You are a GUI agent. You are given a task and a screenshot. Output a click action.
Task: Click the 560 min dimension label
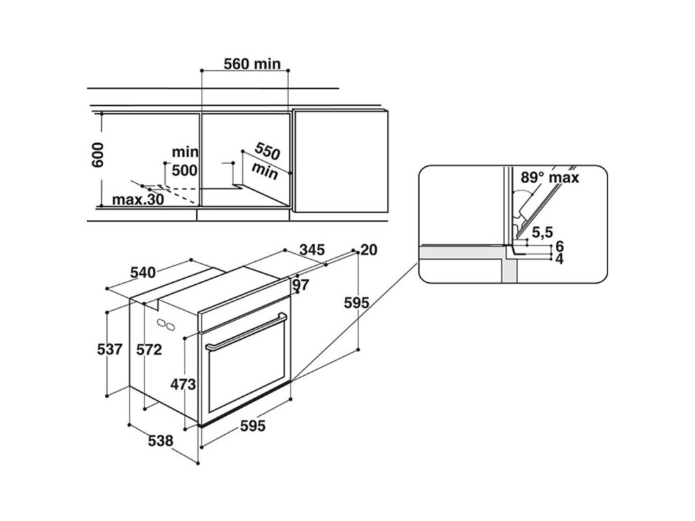(252, 64)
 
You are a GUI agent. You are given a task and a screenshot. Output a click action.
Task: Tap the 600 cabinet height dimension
(98, 155)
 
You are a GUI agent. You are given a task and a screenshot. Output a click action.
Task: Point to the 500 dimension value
(184, 170)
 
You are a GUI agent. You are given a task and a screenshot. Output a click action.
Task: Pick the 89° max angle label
(550, 178)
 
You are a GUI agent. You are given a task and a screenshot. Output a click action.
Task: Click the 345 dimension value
(312, 250)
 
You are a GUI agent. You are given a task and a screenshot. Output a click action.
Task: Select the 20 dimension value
(369, 250)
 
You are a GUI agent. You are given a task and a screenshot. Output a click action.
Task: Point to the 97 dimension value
(301, 284)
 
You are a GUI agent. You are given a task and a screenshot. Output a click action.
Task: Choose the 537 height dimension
(110, 350)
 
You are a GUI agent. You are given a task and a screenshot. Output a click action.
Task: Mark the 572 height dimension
(149, 350)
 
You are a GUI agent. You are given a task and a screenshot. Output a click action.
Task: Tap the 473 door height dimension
(183, 385)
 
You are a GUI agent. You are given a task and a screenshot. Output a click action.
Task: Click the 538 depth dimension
(161, 440)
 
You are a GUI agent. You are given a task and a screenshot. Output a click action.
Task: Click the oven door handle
(245, 332)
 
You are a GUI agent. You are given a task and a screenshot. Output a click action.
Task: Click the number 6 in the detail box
(559, 246)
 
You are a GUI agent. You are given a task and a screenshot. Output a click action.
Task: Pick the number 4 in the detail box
(559, 258)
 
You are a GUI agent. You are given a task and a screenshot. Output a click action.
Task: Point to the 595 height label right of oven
(355, 303)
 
